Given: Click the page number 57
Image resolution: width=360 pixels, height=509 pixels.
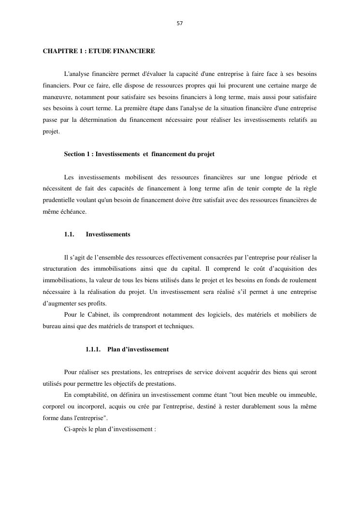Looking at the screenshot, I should tap(180, 23).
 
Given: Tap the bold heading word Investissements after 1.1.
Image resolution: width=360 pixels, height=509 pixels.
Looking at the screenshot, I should tap(108, 234).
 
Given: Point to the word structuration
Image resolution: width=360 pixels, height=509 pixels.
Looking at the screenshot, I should tap(59, 269).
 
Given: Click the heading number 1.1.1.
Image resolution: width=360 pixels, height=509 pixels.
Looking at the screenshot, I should tap(93, 349).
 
